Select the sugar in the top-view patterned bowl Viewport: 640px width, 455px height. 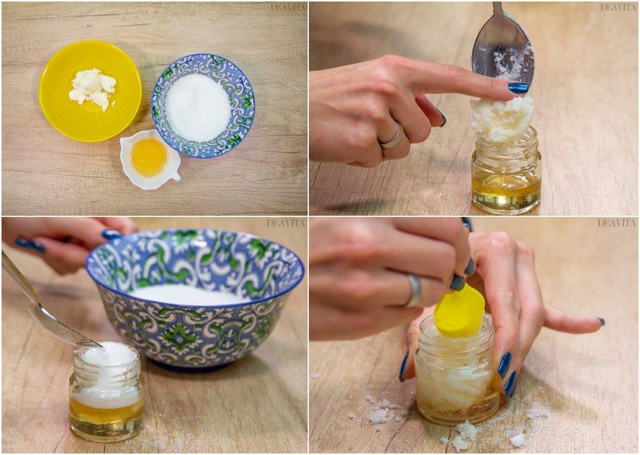pos(198,107)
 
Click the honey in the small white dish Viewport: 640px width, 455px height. pos(148,157)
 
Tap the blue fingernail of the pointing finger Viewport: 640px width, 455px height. pos(518,87)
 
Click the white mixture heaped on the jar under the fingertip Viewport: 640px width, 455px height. pos(503,119)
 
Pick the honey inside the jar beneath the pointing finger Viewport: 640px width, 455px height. pos(506,189)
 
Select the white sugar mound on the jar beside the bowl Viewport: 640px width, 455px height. pos(108,354)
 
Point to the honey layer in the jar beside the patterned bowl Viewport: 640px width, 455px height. pos(106,413)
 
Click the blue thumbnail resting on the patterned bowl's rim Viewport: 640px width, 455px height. pos(111,235)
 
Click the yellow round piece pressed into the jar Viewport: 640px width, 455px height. pos(460,312)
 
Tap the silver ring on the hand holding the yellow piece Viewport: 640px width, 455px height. pos(414,290)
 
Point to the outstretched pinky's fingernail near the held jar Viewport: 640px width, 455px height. pos(601,322)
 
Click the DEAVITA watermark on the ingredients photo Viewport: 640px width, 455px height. pos(285,7)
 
